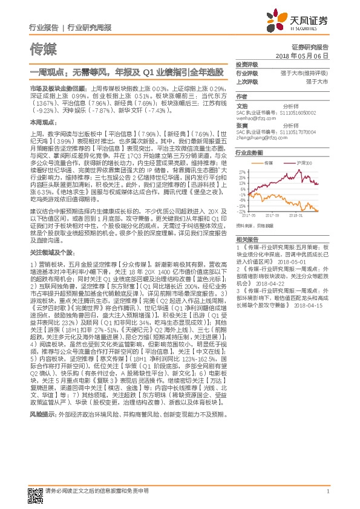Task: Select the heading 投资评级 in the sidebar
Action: [x=246, y=64]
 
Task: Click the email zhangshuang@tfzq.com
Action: [x=255, y=137]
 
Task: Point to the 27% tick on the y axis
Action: [x=242, y=172]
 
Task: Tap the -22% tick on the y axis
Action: [x=241, y=211]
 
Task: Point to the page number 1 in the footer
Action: [x=327, y=491]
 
